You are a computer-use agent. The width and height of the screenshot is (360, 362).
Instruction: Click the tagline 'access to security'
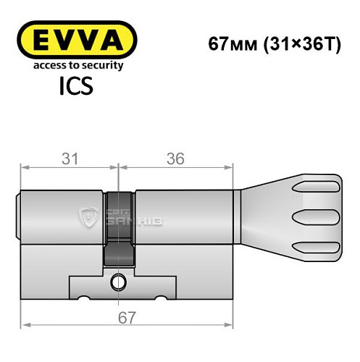point(76,65)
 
